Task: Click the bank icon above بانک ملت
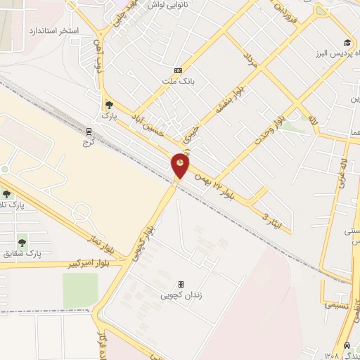pyautogui.click(x=178, y=70)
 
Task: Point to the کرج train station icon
pyautogui.click(x=89, y=131)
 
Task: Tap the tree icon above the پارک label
pyautogui.click(x=108, y=104)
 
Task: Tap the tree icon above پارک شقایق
pyautogui.click(x=22, y=240)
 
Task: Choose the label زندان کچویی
pyautogui.click(x=181, y=296)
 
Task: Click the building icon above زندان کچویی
pyautogui.click(x=181, y=285)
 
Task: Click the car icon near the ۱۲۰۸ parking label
pyautogui.click(x=347, y=346)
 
